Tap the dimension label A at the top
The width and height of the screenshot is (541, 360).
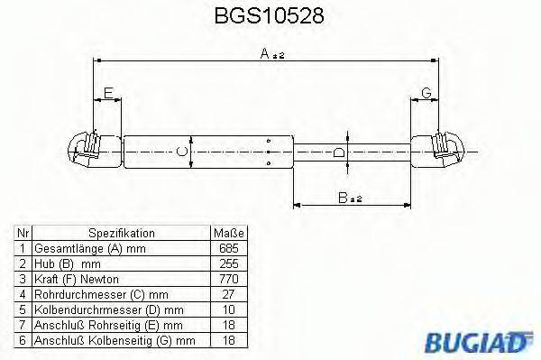coord(267,54)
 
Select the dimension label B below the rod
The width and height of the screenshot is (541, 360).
coord(345,198)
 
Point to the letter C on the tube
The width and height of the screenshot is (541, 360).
coord(183,152)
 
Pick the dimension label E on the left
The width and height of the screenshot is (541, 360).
coord(107,93)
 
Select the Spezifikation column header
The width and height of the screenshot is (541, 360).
coord(121,233)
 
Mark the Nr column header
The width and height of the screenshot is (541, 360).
coord(23,233)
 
